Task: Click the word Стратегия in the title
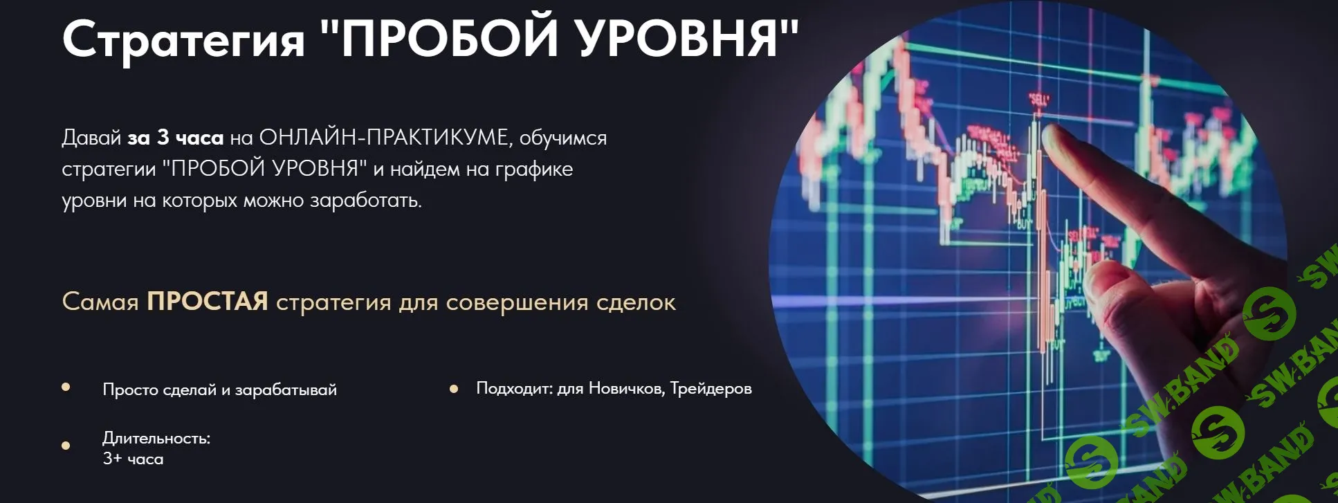(183, 39)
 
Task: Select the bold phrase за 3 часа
(175, 138)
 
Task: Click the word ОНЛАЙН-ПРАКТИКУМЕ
(384, 138)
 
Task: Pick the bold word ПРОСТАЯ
(207, 302)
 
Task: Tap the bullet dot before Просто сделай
(66, 387)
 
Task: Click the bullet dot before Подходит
(454, 389)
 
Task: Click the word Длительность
(156, 438)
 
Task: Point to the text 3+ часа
(133, 459)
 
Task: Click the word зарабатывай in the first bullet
(286, 390)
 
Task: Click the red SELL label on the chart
(1039, 99)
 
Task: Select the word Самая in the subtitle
(100, 302)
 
